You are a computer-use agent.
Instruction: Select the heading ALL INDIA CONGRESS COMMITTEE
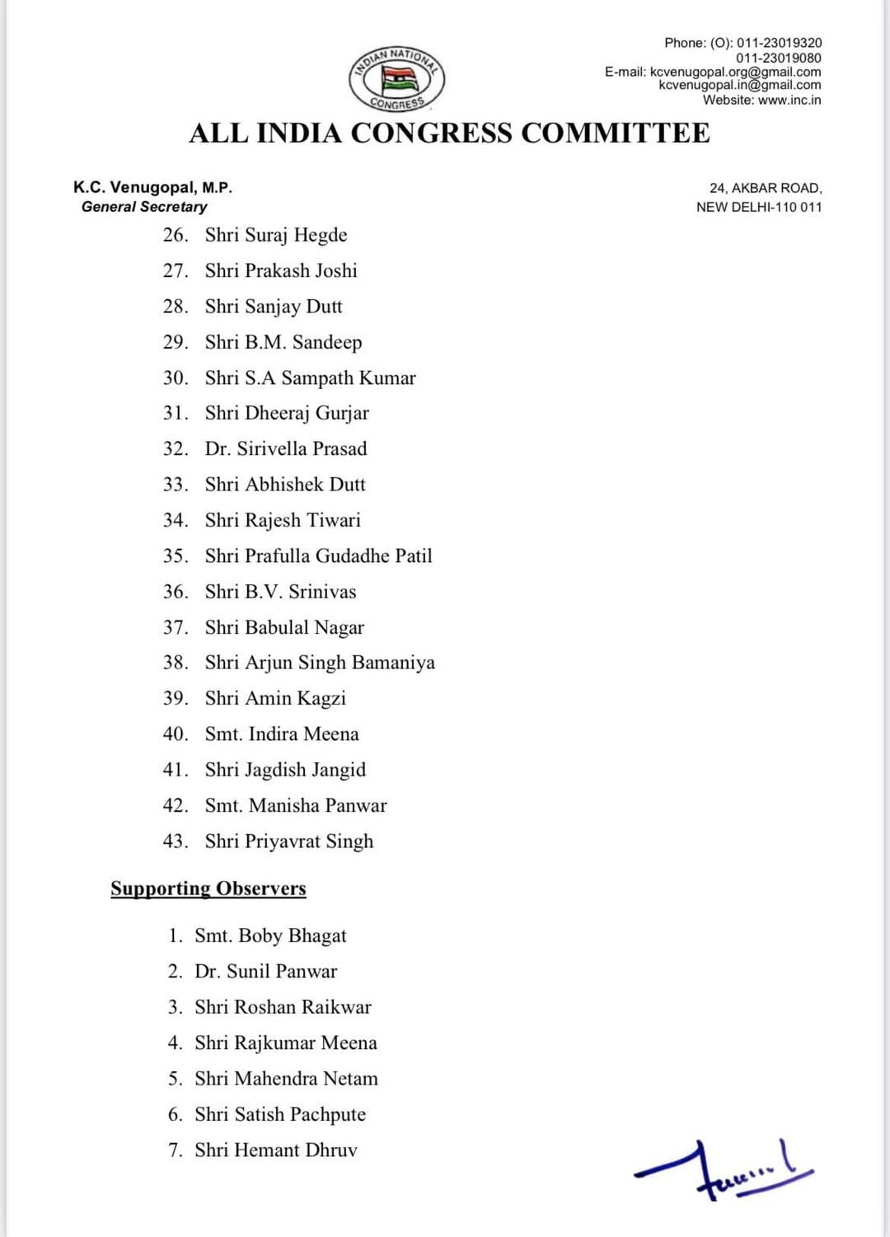(x=449, y=134)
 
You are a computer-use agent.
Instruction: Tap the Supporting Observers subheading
(x=208, y=888)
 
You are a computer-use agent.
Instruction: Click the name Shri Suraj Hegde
(x=276, y=236)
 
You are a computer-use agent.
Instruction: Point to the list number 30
(x=175, y=378)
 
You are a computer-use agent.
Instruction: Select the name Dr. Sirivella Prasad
(x=286, y=449)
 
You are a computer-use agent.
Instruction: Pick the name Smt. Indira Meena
(x=282, y=734)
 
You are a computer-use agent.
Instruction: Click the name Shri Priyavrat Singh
(x=289, y=841)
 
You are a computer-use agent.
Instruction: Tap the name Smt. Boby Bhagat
(x=270, y=936)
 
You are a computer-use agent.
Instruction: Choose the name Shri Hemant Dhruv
(x=276, y=1150)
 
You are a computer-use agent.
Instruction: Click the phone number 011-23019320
(x=779, y=43)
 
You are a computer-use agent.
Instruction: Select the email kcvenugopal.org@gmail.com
(x=735, y=72)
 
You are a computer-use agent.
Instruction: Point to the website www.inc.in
(x=789, y=100)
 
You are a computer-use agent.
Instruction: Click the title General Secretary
(x=144, y=207)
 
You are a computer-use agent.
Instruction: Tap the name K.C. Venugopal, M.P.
(x=152, y=188)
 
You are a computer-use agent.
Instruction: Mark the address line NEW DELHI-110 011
(x=759, y=207)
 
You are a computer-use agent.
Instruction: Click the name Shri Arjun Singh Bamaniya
(x=320, y=663)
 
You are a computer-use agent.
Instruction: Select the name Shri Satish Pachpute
(x=280, y=1115)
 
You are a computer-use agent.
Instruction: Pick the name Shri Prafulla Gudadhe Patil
(x=319, y=556)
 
